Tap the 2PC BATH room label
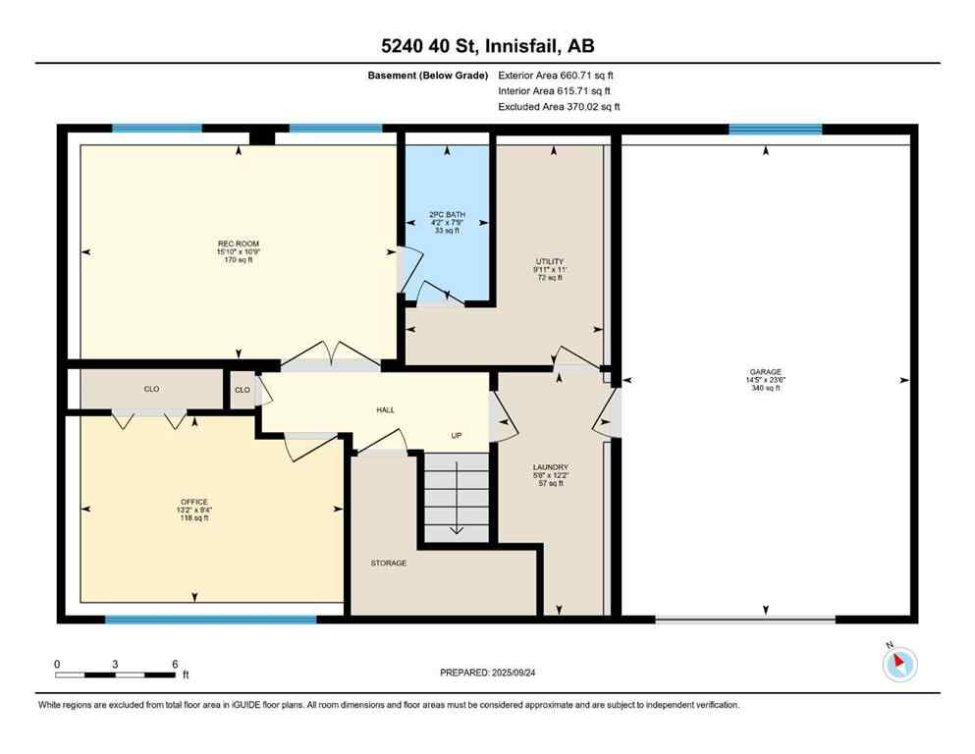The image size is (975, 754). coord(447,214)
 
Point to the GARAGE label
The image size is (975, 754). coord(766,372)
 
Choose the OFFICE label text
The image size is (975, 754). coord(193,502)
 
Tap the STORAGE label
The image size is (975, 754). coord(389,563)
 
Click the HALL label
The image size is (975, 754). coord(385,409)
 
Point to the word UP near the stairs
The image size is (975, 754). coord(457,435)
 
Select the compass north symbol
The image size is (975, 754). coord(899,664)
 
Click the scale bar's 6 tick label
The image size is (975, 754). coord(175,664)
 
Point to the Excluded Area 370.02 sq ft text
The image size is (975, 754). coord(559,106)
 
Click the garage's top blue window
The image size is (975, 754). coord(775,129)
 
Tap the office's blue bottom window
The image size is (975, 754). coord(211,619)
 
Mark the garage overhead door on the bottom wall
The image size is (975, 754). coord(745,619)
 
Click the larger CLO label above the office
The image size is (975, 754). coord(151,390)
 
